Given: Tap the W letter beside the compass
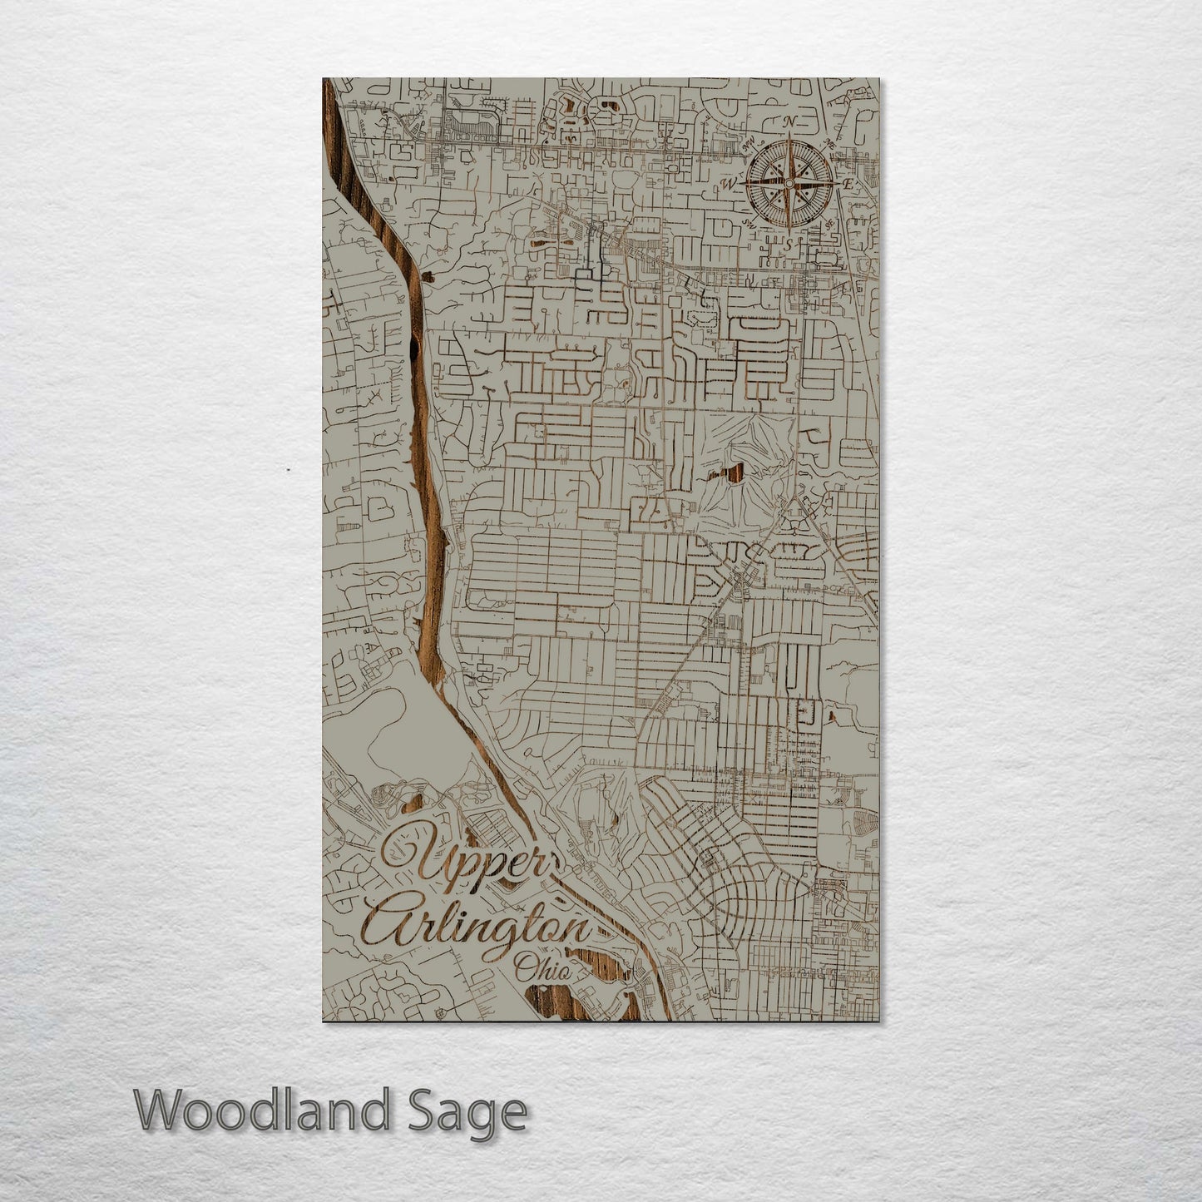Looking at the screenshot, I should pyautogui.click(x=730, y=183).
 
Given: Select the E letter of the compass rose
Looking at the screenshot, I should pyautogui.click(x=848, y=183).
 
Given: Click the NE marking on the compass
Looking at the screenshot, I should pyautogui.click(x=829, y=143).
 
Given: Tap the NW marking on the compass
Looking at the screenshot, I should pyautogui.click(x=747, y=144).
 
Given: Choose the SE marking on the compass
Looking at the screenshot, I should pyautogui.click(x=829, y=223).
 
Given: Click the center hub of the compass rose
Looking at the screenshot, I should pyautogui.click(x=788, y=182).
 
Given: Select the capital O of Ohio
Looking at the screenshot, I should pyautogui.click(x=524, y=967).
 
